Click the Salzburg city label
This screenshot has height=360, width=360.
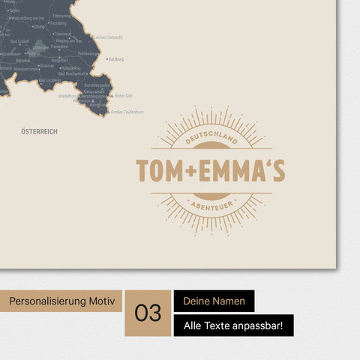coord(116,58)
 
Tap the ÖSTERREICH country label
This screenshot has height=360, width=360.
coord(40,131)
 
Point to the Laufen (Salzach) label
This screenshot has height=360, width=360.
coord(105,37)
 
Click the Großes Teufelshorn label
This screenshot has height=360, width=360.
coord(127,112)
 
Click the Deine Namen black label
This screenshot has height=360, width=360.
coord(214,301)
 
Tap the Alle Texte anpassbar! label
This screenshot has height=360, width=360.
coord(233,325)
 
